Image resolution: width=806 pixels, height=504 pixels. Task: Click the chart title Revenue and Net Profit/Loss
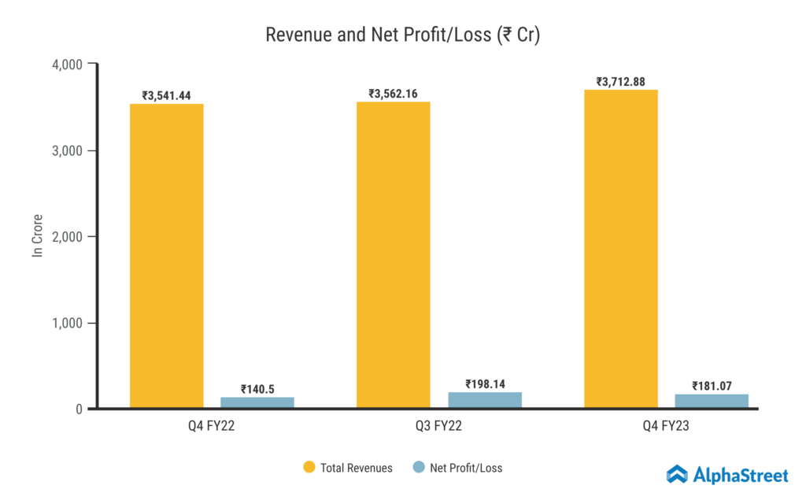pyautogui.click(x=402, y=35)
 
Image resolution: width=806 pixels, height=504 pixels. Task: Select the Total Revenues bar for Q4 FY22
pyautogui.click(x=167, y=256)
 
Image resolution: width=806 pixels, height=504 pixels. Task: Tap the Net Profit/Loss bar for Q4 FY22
pyautogui.click(x=257, y=402)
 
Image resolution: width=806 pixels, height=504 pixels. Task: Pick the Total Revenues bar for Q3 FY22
pyautogui.click(x=394, y=255)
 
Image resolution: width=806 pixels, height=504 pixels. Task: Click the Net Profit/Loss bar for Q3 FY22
pyautogui.click(x=485, y=400)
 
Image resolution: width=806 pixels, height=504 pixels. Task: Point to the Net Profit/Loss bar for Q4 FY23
pyautogui.click(x=712, y=401)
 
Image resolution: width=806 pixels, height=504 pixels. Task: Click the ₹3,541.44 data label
pyautogui.click(x=167, y=95)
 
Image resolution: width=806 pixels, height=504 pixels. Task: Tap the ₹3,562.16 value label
pyautogui.click(x=394, y=94)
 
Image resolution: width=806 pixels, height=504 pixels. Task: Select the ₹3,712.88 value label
pyautogui.click(x=621, y=81)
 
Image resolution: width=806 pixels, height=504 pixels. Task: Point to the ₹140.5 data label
pyautogui.click(x=257, y=389)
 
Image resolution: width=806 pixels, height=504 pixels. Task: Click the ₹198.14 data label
pyautogui.click(x=485, y=384)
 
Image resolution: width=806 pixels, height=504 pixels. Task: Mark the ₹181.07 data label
pyautogui.click(x=712, y=386)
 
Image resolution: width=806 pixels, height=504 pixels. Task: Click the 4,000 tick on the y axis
pyautogui.click(x=67, y=64)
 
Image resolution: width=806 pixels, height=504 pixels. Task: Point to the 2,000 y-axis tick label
pyautogui.click(x=67, y=236)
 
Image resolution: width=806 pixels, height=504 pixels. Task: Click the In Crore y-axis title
pyautogui.click(x=37, y=235)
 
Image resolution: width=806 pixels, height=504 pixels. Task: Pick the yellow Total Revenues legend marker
pyautogui.click(x=309, y=468)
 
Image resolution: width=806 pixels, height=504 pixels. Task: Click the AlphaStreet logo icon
pyautogui.click(x=677, y=473)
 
